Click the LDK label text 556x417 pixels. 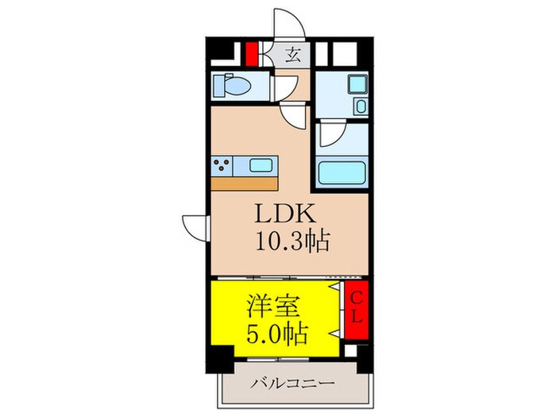[x=286, y=214]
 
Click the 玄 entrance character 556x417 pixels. [x=293, y=55]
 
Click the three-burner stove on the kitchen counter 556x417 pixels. [x=222, y=166]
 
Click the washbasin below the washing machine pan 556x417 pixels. [x=361, y=106]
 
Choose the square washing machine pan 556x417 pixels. [x=357, y=83]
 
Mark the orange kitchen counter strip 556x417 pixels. [x=245, y=183]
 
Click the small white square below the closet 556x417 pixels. [x=350, y=350]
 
